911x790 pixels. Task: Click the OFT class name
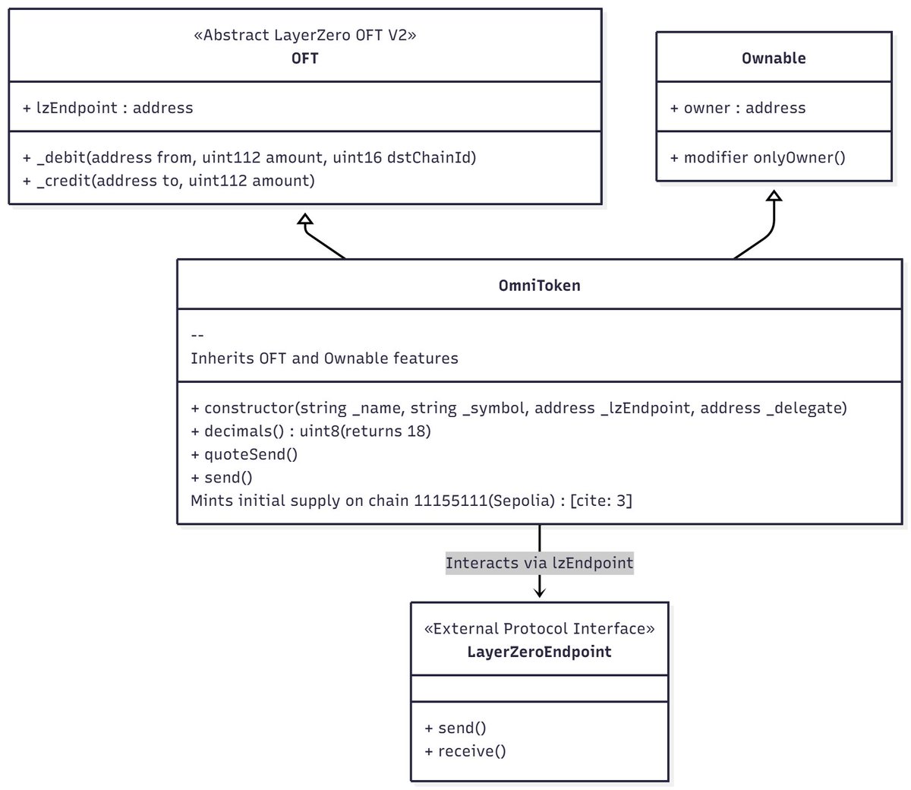click(x=304, y=58)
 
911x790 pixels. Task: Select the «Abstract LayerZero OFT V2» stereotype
click(x=304, y=36)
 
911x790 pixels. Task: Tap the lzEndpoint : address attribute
click(x=108, y=108)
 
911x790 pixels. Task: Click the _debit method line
click(x=250, y=157)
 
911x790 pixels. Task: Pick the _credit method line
click(x=169, y=180)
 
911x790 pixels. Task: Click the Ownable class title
click(x=774, y=58)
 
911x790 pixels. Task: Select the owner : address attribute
click(x=737, y=108)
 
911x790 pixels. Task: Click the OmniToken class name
click(x=539, y=286)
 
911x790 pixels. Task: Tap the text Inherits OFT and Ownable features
click(x=324, y=358)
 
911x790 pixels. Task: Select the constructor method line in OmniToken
click(x=519, y=408)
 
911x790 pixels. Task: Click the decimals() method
click(x=310, y=431)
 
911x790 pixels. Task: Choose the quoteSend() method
click(x=244, y=454)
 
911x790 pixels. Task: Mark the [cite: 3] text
click(x=601, y=501)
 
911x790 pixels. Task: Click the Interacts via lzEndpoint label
click(x=539, y=563)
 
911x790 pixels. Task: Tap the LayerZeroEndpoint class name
click(x=539, y=652)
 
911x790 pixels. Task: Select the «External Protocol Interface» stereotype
click(x=539, y=629)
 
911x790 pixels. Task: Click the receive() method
click(x=465, y=751)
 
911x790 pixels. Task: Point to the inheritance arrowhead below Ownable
click(x=774, y=196)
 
